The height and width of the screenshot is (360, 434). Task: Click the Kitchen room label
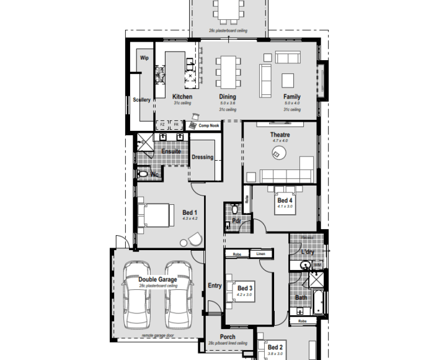pyautogui.click(x=182, y=97)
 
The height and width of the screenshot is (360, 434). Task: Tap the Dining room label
pyautogui.click(x=228, y=97)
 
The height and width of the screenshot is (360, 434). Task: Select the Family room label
pyautogui.click(x=292, y=97)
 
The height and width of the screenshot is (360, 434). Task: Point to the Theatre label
pyautogui.click(x=280, y=135)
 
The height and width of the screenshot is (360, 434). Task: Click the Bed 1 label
pyautogui.click(x=190, y=212)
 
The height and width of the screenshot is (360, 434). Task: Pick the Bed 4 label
pyautogui.click(x=285, y=200)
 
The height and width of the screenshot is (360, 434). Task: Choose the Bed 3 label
pyautogui.click(x=245, y=288)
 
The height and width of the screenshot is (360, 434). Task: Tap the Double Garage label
pyautogui.click(x=157, y=279)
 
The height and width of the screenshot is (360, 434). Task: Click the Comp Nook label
pyautogui.click(x=209, y=125)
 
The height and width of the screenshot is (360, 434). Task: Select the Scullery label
pyautogui.click(x=142, y=99)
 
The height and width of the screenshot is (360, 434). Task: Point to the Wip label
pyautogui.click(x=144, y=58)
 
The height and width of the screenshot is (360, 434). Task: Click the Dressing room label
pyautogui.click(x=202, y=157)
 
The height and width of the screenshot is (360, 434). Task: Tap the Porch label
pyautogui.click(x=228, y=337)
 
